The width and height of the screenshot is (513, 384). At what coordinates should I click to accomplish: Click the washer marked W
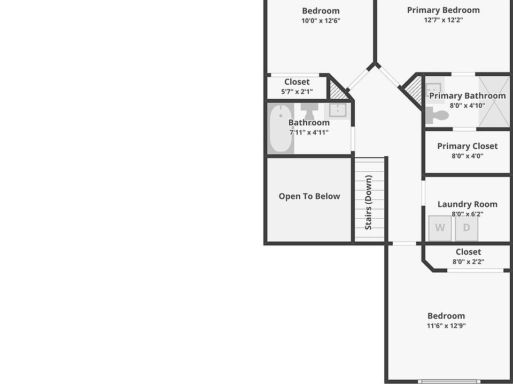click(x=440, y=228)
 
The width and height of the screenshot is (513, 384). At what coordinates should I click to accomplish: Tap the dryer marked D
click(x=467, y=228)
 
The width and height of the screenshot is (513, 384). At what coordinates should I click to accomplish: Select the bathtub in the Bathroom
click(x=279, y=129)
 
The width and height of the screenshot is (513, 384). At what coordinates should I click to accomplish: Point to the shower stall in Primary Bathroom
click(x=494, y=102)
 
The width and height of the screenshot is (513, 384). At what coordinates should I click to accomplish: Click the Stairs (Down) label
click(x=369, y=203)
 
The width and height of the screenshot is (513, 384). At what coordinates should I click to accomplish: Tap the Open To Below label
click(x=309, y=196)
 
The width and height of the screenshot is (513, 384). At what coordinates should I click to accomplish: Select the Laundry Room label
click(x=467, y=204)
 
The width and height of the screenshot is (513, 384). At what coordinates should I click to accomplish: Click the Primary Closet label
click(x=467, y=146)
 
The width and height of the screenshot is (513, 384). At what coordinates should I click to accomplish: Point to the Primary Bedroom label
click(x=443, y=10)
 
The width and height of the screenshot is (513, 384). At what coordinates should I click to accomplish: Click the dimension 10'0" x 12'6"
click(x=321, y=21)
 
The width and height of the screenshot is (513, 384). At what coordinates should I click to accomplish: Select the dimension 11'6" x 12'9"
click(x=446, y=326)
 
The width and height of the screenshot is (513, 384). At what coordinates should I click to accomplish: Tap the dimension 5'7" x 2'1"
click(x=297, y=92)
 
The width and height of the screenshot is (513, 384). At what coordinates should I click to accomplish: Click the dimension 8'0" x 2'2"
click(x=468, y=262)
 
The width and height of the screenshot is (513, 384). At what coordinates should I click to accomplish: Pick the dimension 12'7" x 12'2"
click(x=443, y=20)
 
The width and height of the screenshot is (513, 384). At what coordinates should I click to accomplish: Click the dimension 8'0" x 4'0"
click(x=467, y=156)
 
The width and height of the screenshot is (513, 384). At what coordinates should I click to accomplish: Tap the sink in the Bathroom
click(x=337, y=110)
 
